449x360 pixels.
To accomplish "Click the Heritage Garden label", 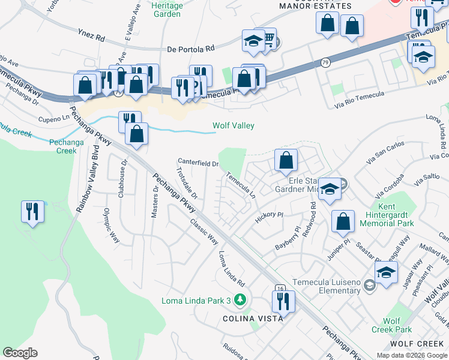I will [167, 9].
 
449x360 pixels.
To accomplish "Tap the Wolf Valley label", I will [234, 126].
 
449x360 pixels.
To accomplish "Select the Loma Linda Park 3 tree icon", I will [240, 299].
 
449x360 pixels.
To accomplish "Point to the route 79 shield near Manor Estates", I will [325, 62].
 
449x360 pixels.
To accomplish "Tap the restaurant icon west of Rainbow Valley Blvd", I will [32, 212].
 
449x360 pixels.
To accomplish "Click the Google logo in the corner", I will [20, 353].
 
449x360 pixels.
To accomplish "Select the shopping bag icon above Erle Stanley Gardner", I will [286, 160].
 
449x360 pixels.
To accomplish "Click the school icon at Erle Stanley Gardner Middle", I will [329, 189].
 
